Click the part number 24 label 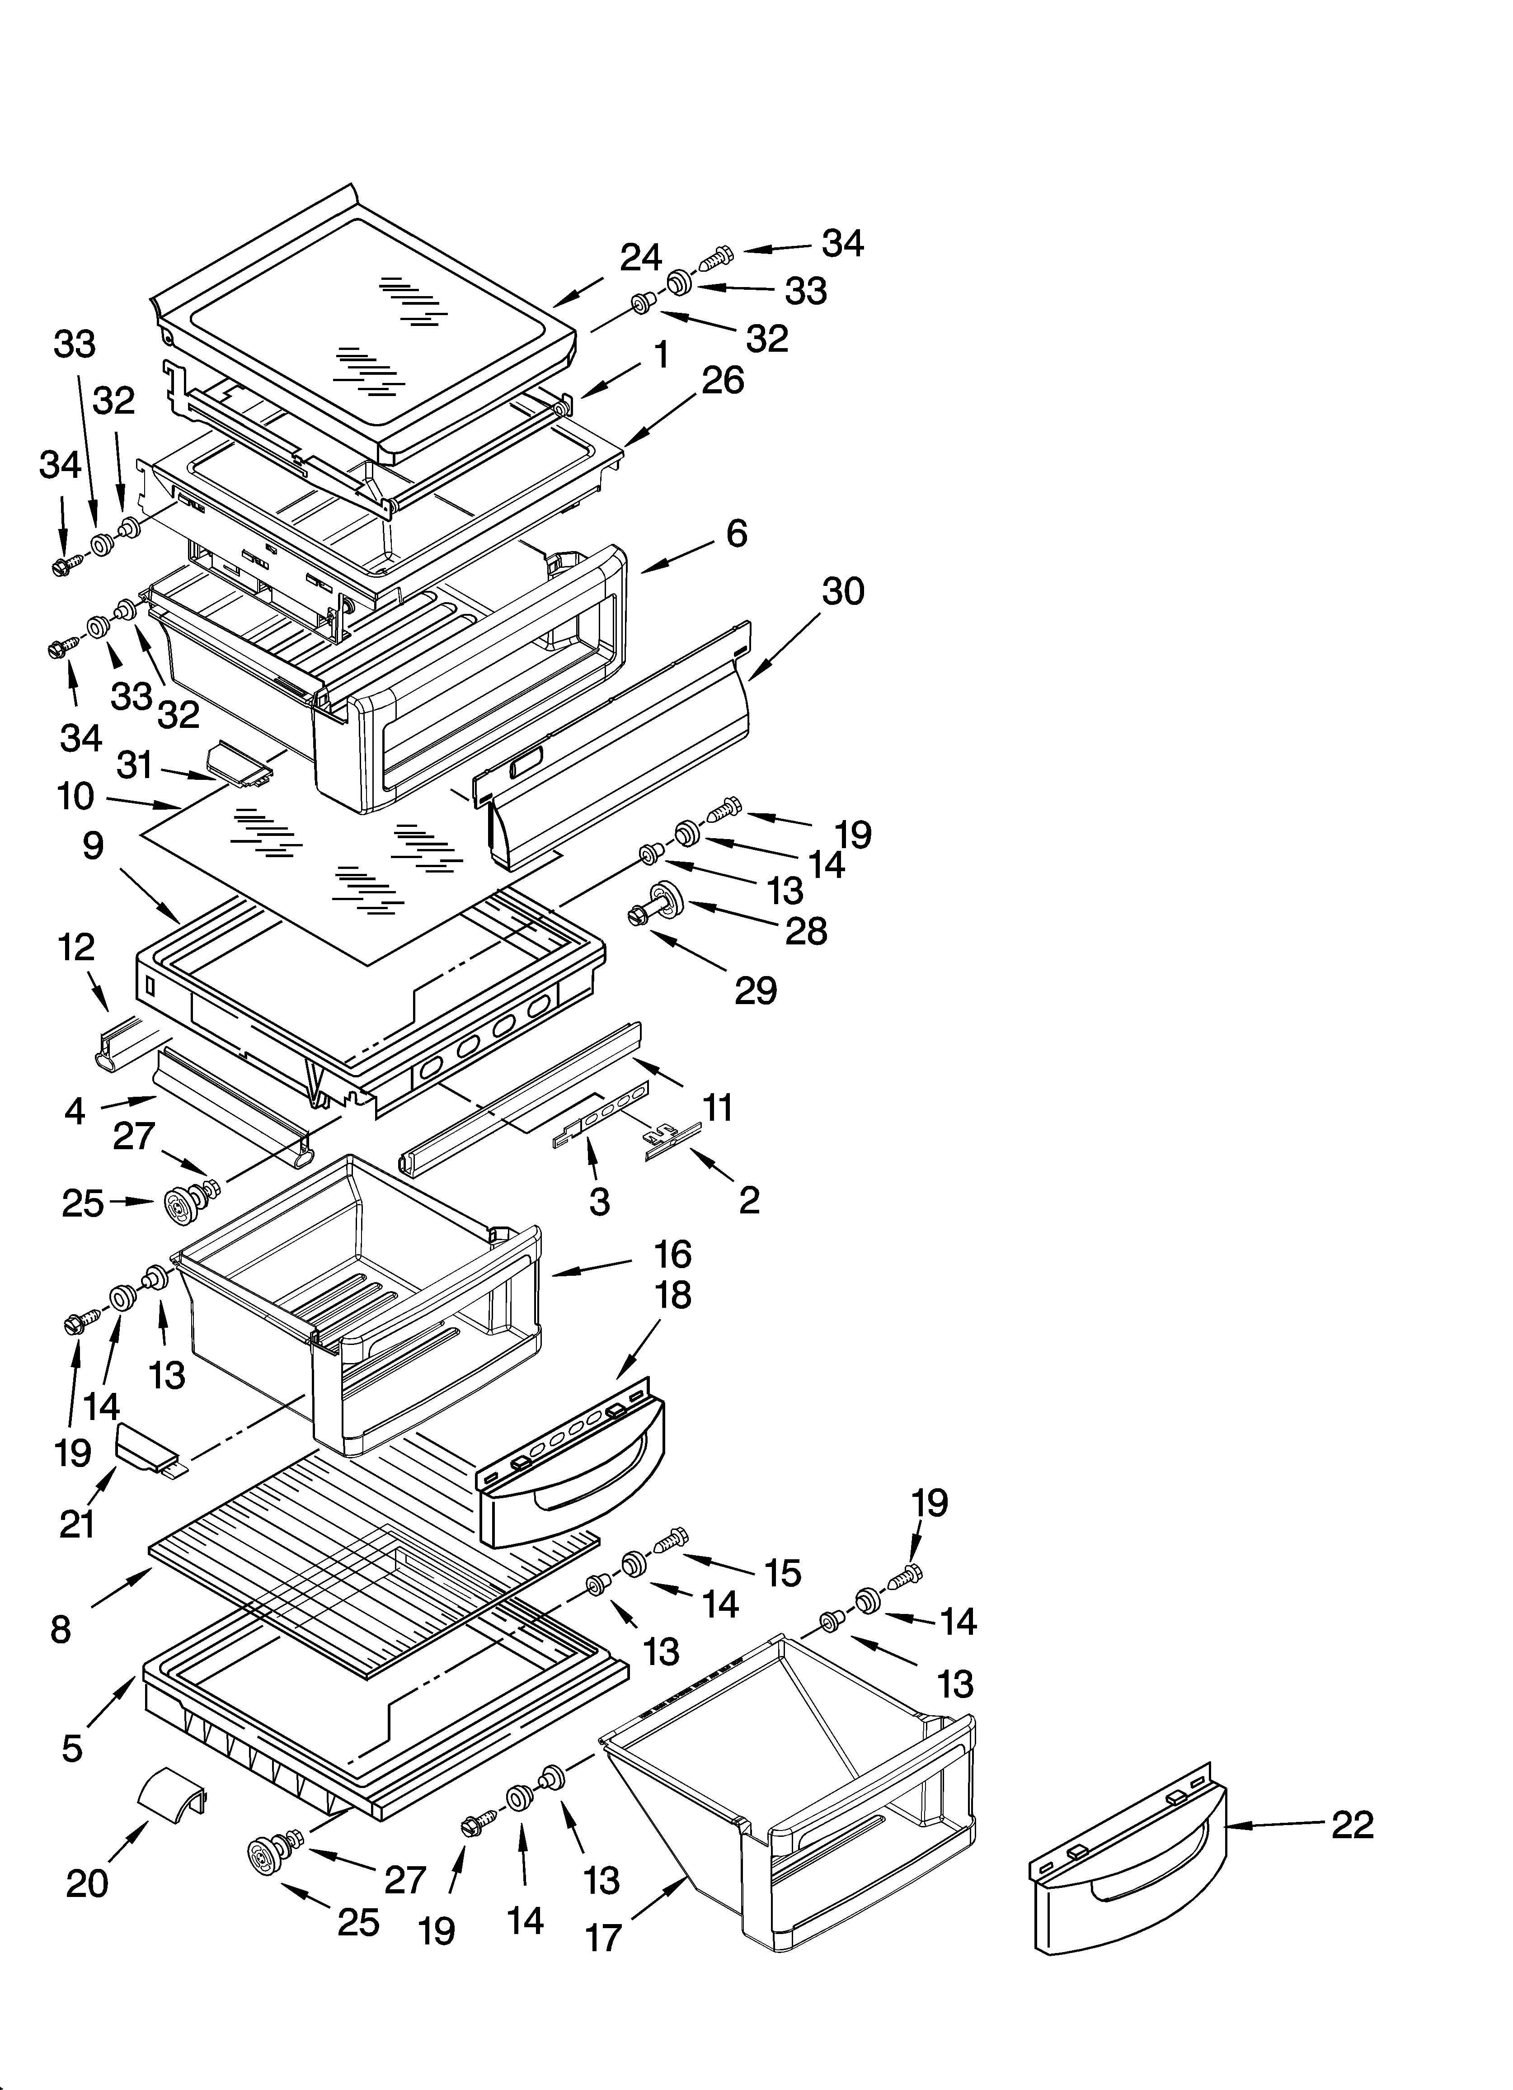point(640,258)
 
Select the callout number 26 point(723,380)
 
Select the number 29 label point(756,991)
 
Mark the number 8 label point(61,1629)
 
